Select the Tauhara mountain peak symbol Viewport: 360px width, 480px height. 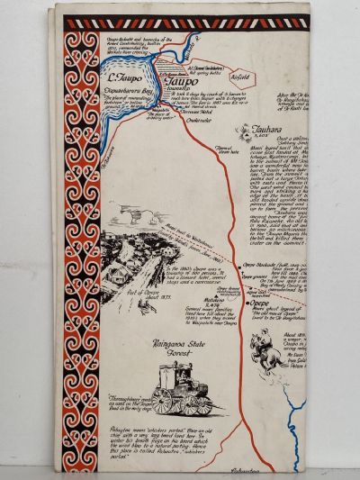point(243,131)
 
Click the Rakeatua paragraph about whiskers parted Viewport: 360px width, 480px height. point(144,444)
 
